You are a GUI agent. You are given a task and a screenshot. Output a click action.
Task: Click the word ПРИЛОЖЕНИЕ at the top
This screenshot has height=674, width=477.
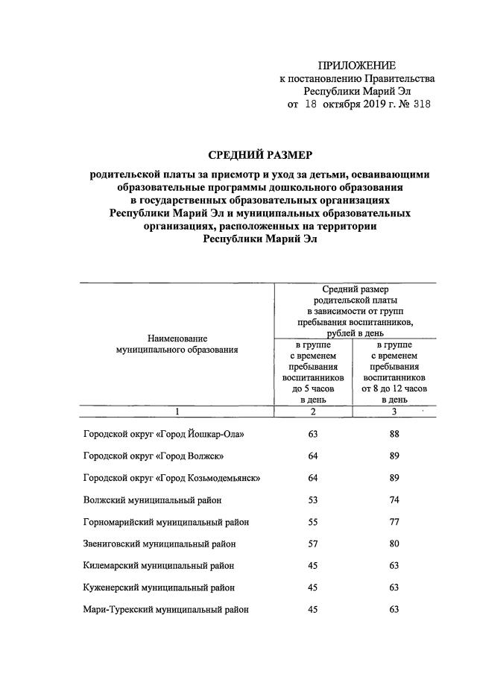click(357, 66)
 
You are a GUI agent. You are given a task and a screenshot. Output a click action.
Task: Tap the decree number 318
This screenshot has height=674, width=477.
click(420, 104)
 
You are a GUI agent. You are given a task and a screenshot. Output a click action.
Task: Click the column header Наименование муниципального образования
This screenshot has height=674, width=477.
click(177, 344)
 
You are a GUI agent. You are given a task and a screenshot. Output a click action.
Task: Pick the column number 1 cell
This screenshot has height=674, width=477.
click(177, 411)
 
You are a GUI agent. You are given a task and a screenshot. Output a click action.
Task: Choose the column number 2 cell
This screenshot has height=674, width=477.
click(313, 411)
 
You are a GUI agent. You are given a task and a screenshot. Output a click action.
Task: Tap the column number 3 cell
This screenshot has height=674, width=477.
click(394, 411)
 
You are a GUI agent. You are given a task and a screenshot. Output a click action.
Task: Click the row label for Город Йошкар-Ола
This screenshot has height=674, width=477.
click(163, 434)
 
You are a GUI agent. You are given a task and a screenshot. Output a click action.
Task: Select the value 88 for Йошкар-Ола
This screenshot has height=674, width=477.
click(394, 434)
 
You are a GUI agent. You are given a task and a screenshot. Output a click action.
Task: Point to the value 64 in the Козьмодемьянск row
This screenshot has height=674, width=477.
click(313, 478)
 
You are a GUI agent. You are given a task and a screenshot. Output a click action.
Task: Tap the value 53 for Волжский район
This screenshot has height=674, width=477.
click(313, 500)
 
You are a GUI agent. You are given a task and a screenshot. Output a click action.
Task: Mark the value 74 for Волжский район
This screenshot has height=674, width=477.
click(394, 500)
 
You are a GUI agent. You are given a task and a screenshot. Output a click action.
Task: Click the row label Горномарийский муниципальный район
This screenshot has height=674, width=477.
click(165, 522)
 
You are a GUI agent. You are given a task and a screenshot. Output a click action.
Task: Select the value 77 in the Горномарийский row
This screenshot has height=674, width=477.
click(394, 522)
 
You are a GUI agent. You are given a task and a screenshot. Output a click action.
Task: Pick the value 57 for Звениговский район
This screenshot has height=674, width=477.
click(313, 544)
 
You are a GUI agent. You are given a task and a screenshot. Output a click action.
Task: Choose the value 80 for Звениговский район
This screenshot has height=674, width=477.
click(394, 544)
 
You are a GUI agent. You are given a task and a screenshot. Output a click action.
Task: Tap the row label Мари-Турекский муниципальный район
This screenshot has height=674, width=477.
click(165, 609)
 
